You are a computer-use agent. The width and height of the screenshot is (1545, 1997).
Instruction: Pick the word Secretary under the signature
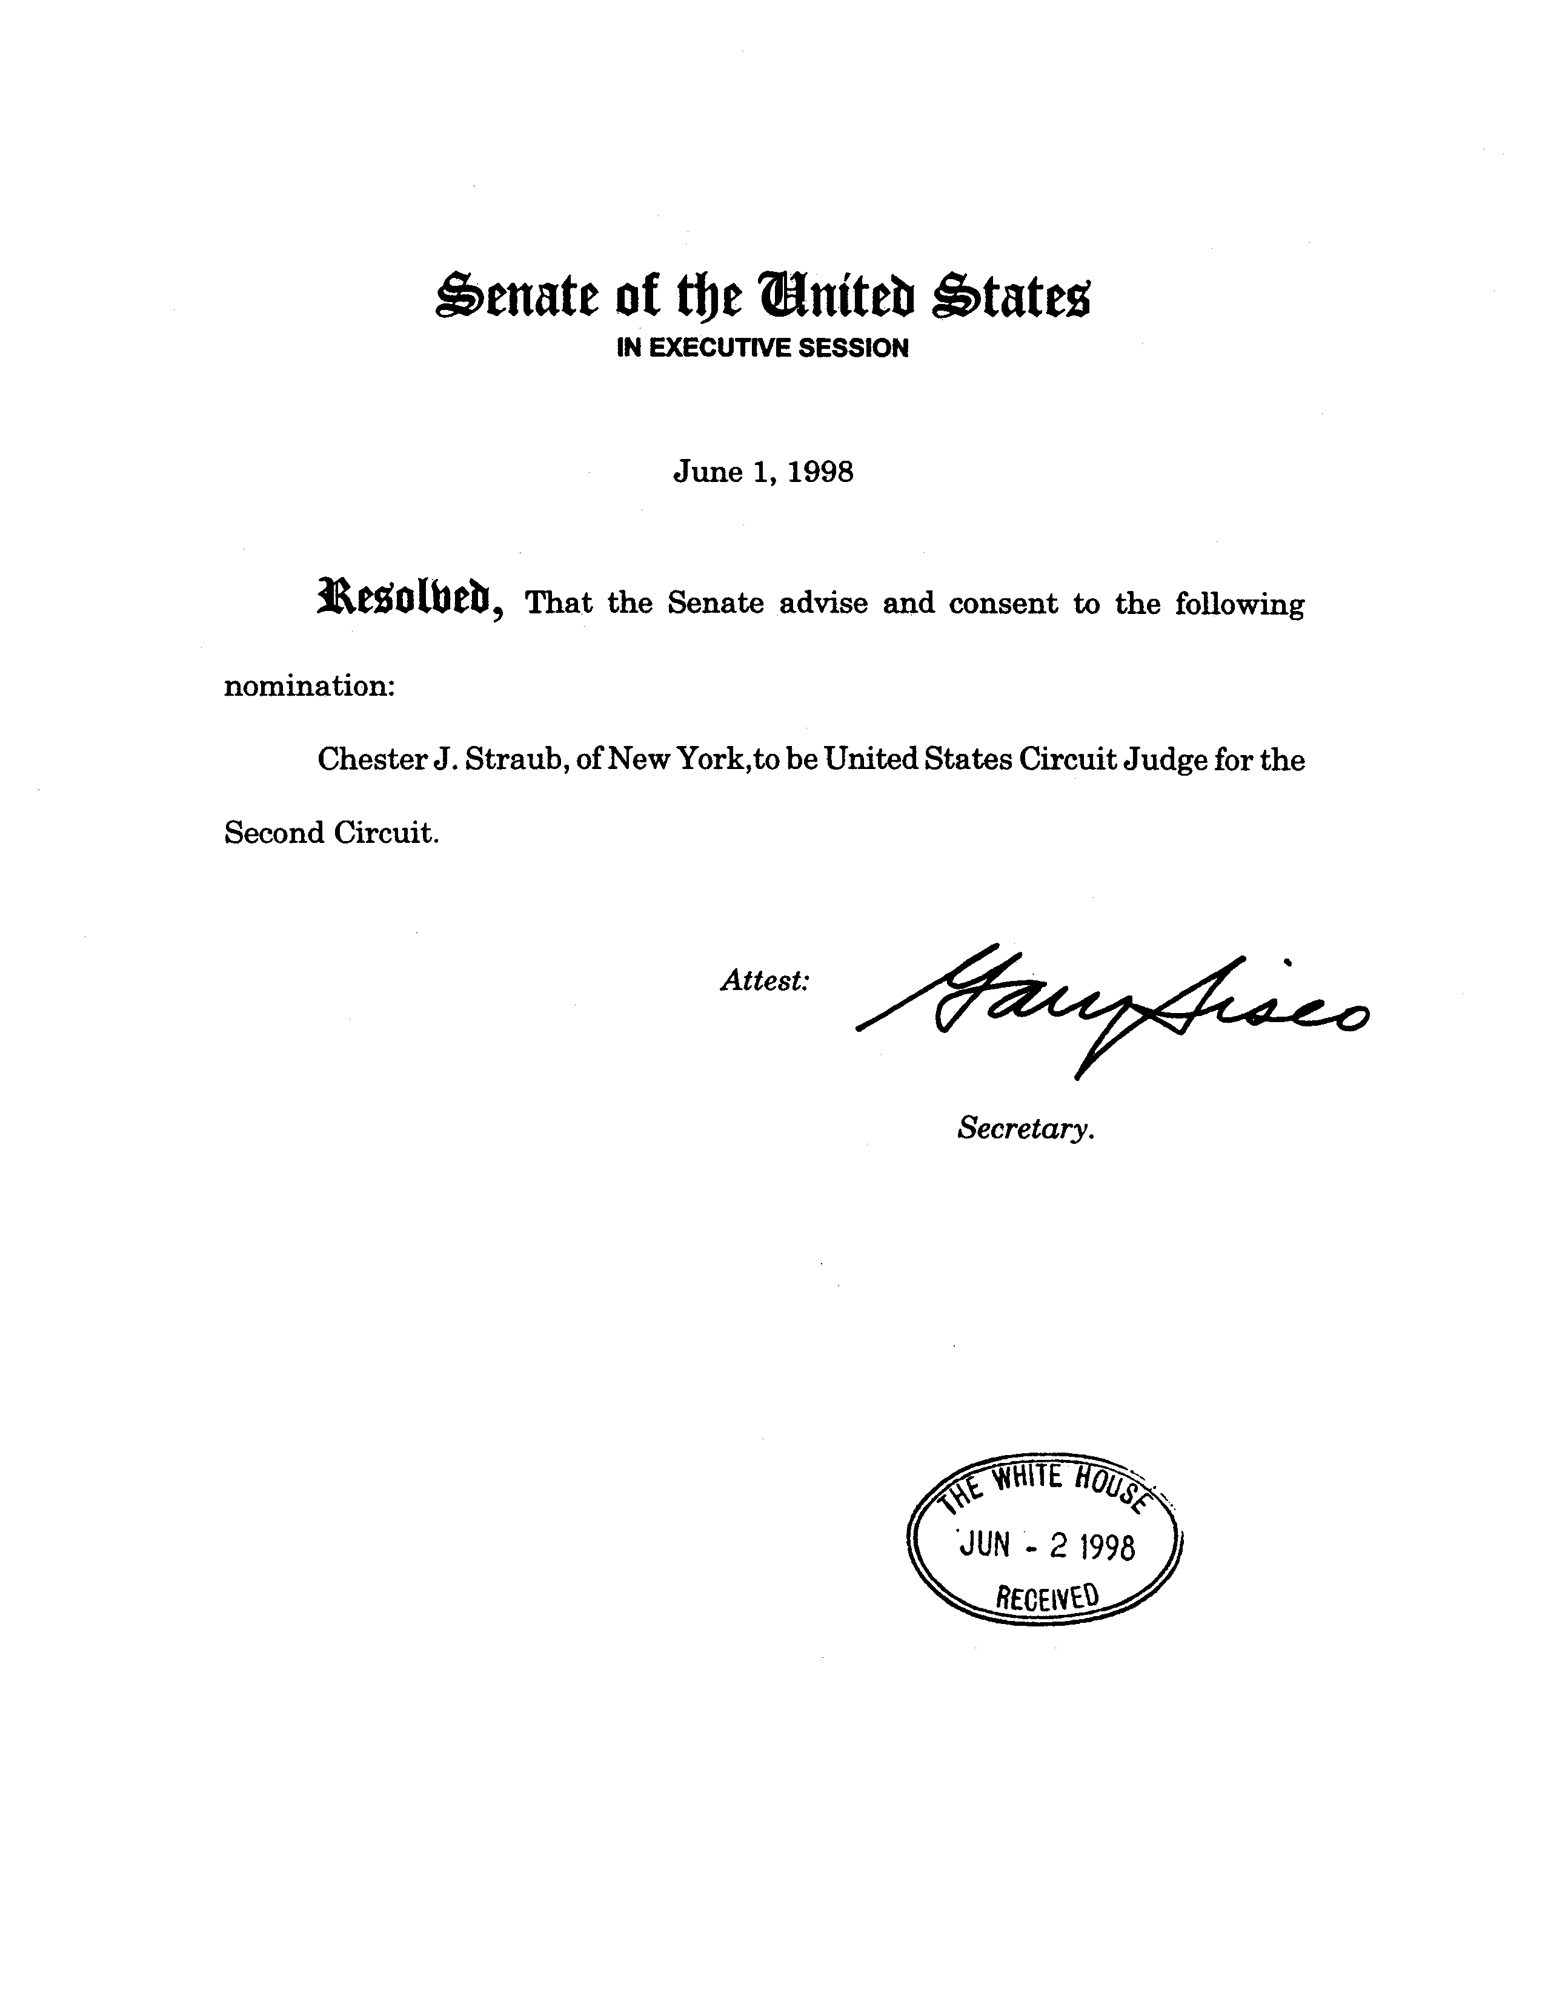pyautogui.click(x=1025, y=1129)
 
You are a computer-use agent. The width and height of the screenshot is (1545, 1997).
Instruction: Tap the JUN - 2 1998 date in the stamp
pyautogui.click(x=1046, y=1546)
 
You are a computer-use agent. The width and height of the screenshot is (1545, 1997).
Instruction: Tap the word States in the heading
pyautogui.click(x=1010, y=297)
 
